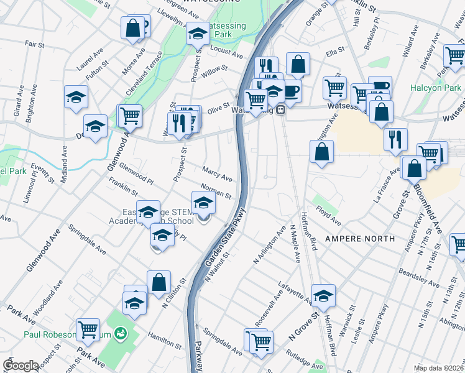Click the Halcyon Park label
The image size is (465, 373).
[436, 88]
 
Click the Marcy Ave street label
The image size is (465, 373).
[218, 173]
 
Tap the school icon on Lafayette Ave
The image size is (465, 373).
[323, 296]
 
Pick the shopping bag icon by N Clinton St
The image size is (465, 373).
[159, 282]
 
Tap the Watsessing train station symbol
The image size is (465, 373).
[281, 110]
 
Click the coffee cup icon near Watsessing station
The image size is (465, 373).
[290, 91]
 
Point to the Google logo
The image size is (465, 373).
[21, 366]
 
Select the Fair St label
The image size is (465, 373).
[34, 45]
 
